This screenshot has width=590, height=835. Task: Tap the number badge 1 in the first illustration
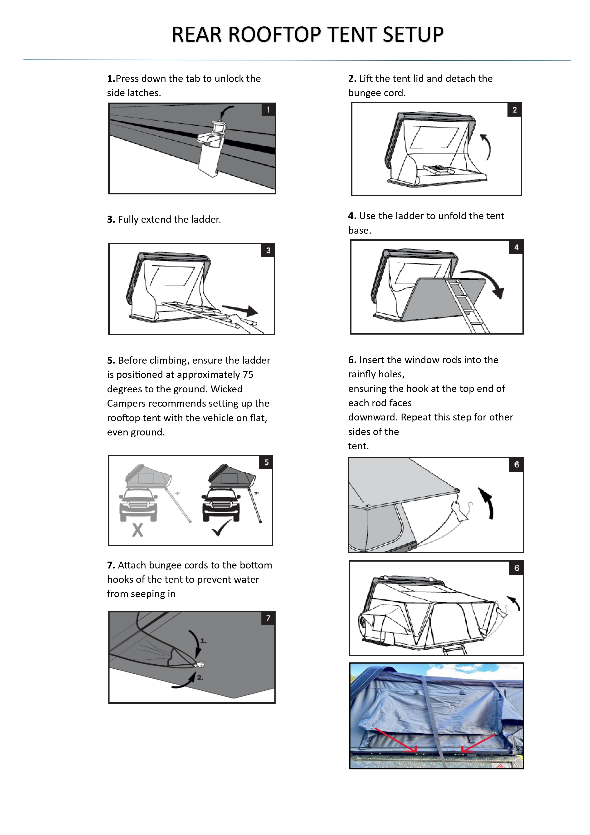point(268,110)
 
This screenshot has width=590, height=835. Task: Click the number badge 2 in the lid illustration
point(514,110)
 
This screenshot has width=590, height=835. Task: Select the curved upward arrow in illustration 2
point(487,147)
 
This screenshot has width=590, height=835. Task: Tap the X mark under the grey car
point(137,530)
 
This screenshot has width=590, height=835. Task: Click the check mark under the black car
point(221,528)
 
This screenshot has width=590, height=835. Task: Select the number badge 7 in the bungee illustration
point(268,618)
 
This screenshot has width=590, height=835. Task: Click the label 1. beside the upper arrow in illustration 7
point(204,641)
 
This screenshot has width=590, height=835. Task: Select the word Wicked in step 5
point(226,389)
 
